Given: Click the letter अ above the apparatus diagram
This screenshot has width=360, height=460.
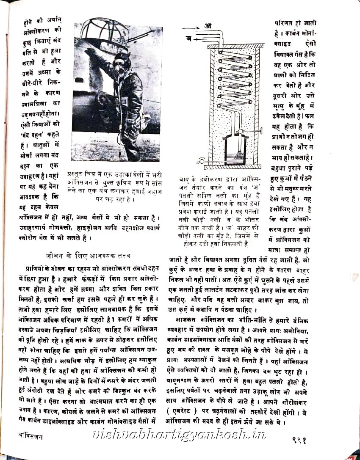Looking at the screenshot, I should click(x=208, y=26).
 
